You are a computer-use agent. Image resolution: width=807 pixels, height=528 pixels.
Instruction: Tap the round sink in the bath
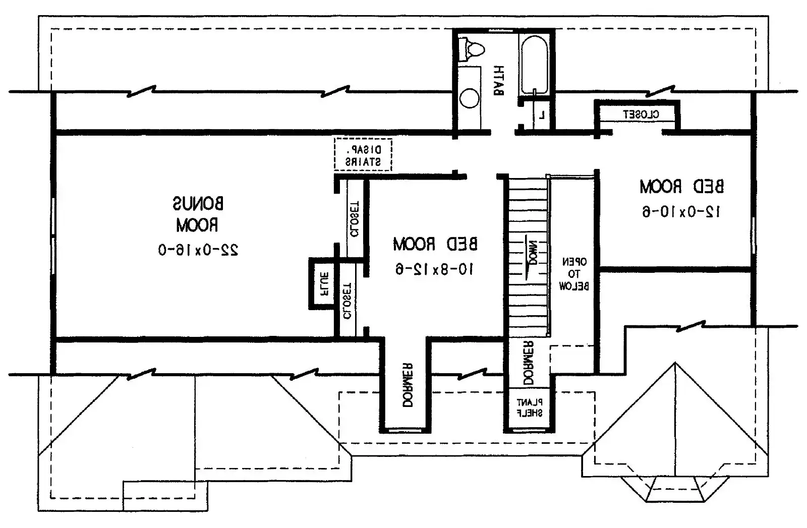(x=470, y=98)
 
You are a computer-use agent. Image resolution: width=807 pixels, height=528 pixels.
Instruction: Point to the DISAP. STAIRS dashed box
(x=363, y=156)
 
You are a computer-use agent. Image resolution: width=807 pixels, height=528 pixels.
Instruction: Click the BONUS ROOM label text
(x=198, y=214)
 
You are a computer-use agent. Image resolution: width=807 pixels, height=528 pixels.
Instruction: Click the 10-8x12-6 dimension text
(x=435, y=270)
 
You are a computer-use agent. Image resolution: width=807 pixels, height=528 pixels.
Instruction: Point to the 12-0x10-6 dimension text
(x=682, y=212)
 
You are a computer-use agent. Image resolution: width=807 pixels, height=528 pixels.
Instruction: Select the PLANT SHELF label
(x=529, y=407)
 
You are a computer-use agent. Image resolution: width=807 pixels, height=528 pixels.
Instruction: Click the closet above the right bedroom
(x=637, y=114)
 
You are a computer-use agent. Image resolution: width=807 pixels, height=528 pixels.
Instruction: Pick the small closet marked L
(x=542, y=115)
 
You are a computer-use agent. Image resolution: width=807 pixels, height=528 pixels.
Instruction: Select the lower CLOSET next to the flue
(x=348, y=301)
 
